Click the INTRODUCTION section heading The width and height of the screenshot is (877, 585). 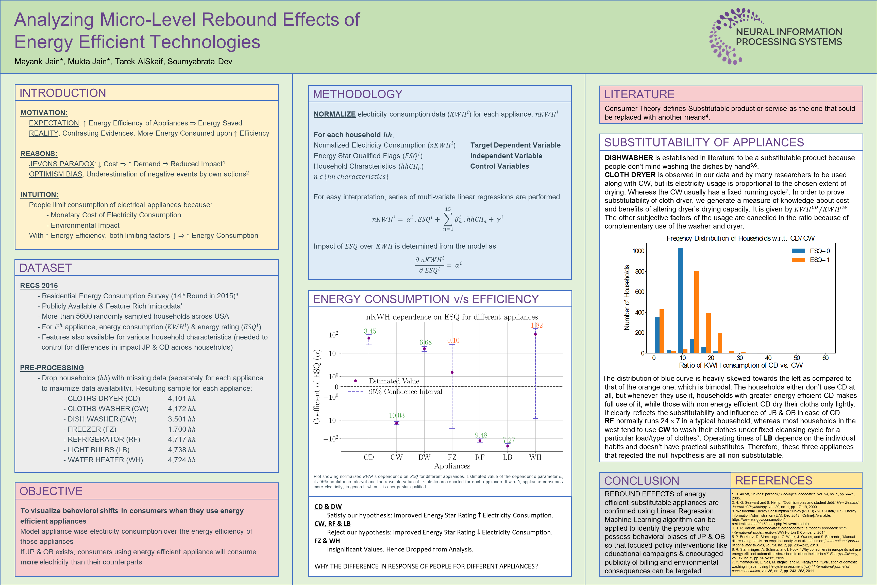(63, 93)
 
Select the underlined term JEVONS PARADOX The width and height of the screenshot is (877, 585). (61, 164)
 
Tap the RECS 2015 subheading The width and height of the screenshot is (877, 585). (39, 285)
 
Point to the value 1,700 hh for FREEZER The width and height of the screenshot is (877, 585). (182, 429)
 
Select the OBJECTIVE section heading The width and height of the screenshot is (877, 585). (51, 491)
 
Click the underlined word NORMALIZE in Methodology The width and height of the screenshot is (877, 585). (334, 114)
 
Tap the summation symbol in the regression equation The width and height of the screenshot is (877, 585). (448, 219)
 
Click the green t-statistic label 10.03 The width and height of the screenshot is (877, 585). (397, 415)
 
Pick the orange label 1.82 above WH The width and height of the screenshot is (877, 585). (536, 325)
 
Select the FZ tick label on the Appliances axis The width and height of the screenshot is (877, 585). (452, 457)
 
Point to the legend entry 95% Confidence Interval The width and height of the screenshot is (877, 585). (405, 391)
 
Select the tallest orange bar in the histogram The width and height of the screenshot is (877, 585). (697, 312)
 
